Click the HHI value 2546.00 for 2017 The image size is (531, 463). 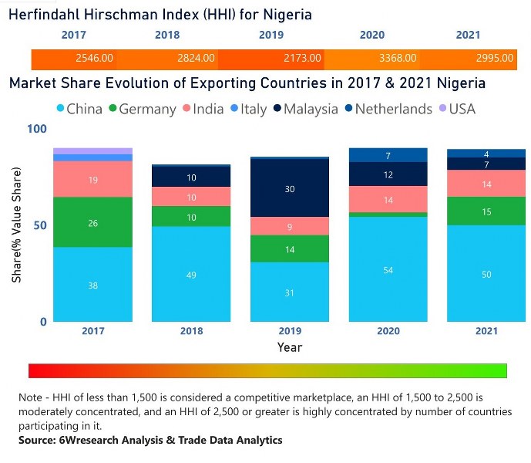coord(95,58)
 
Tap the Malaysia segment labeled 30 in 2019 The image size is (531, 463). coord(290,188)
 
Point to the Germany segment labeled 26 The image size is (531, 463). coord(94,223)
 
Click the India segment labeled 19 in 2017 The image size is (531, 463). coord(94,179)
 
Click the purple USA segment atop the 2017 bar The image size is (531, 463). coord(94,150)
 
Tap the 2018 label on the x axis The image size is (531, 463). coord(192,331)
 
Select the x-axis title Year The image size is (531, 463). coord(290,347)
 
